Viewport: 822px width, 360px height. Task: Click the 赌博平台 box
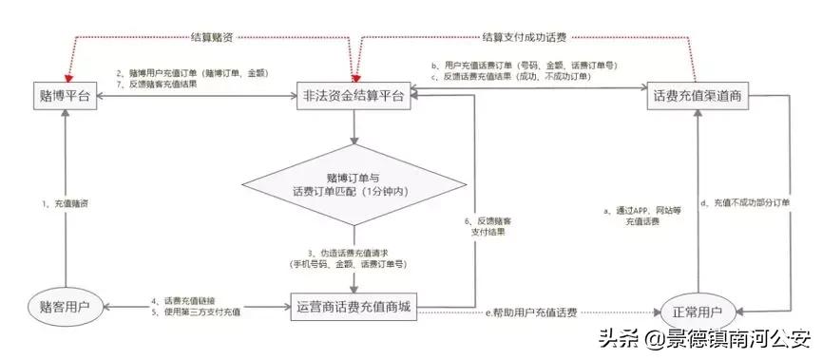66,98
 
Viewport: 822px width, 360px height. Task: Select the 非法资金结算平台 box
354,98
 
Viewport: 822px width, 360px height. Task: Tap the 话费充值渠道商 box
698,97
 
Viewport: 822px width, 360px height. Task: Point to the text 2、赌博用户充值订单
191,73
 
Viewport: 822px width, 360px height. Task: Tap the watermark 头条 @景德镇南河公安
703,338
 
